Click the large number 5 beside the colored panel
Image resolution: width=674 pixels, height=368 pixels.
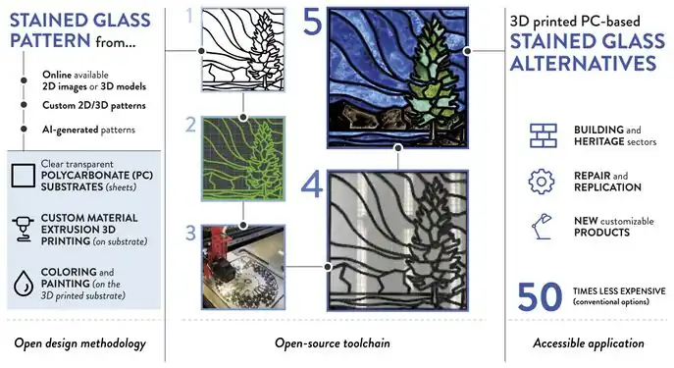pos(311,23)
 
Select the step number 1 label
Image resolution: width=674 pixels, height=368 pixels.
pos(189,15)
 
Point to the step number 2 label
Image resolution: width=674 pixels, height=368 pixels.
pos(189,125)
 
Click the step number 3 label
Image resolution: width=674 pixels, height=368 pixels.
pos(189,234)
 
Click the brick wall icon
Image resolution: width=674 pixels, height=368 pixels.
pos(541,135)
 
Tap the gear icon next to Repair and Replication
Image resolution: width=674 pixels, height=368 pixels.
pos(541,181)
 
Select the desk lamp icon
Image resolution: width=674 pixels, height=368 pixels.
pos(541,225)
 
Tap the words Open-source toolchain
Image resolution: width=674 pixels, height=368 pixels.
pos(336,343)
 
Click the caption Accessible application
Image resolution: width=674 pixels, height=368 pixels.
pos(588,343)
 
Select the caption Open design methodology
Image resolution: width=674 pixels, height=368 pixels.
pos(80,343)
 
